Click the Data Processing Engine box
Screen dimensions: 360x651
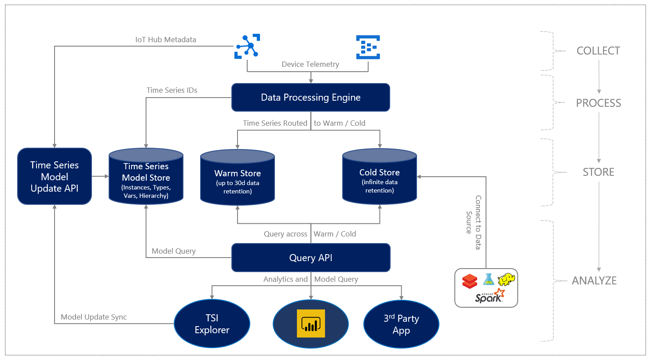[x=311, y=97]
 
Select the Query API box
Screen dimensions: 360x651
[x=311, y=258]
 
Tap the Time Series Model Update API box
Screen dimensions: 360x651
[x=55, y=176]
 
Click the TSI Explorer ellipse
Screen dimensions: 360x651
[x=212, y=324]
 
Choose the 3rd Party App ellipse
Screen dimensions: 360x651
[x=401, y=324]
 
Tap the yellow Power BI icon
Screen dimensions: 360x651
[x=311, y=324]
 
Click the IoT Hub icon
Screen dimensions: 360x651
[x=247, y=46]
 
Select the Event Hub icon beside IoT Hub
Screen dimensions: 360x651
[x=368, y=47]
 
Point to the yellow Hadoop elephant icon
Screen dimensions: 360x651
[x=506, y=279]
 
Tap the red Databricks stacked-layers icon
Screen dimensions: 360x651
[x=470, y=281]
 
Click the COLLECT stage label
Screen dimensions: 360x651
[x=598, y=51]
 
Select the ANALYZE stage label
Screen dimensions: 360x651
[x=594, y=281]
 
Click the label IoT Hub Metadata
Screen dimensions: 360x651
[x=165, y=40]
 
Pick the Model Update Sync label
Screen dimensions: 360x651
[x=94, y=317]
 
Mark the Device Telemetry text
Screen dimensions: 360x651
[x=310, y=64]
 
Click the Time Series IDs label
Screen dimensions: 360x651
[x=172, y=90]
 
